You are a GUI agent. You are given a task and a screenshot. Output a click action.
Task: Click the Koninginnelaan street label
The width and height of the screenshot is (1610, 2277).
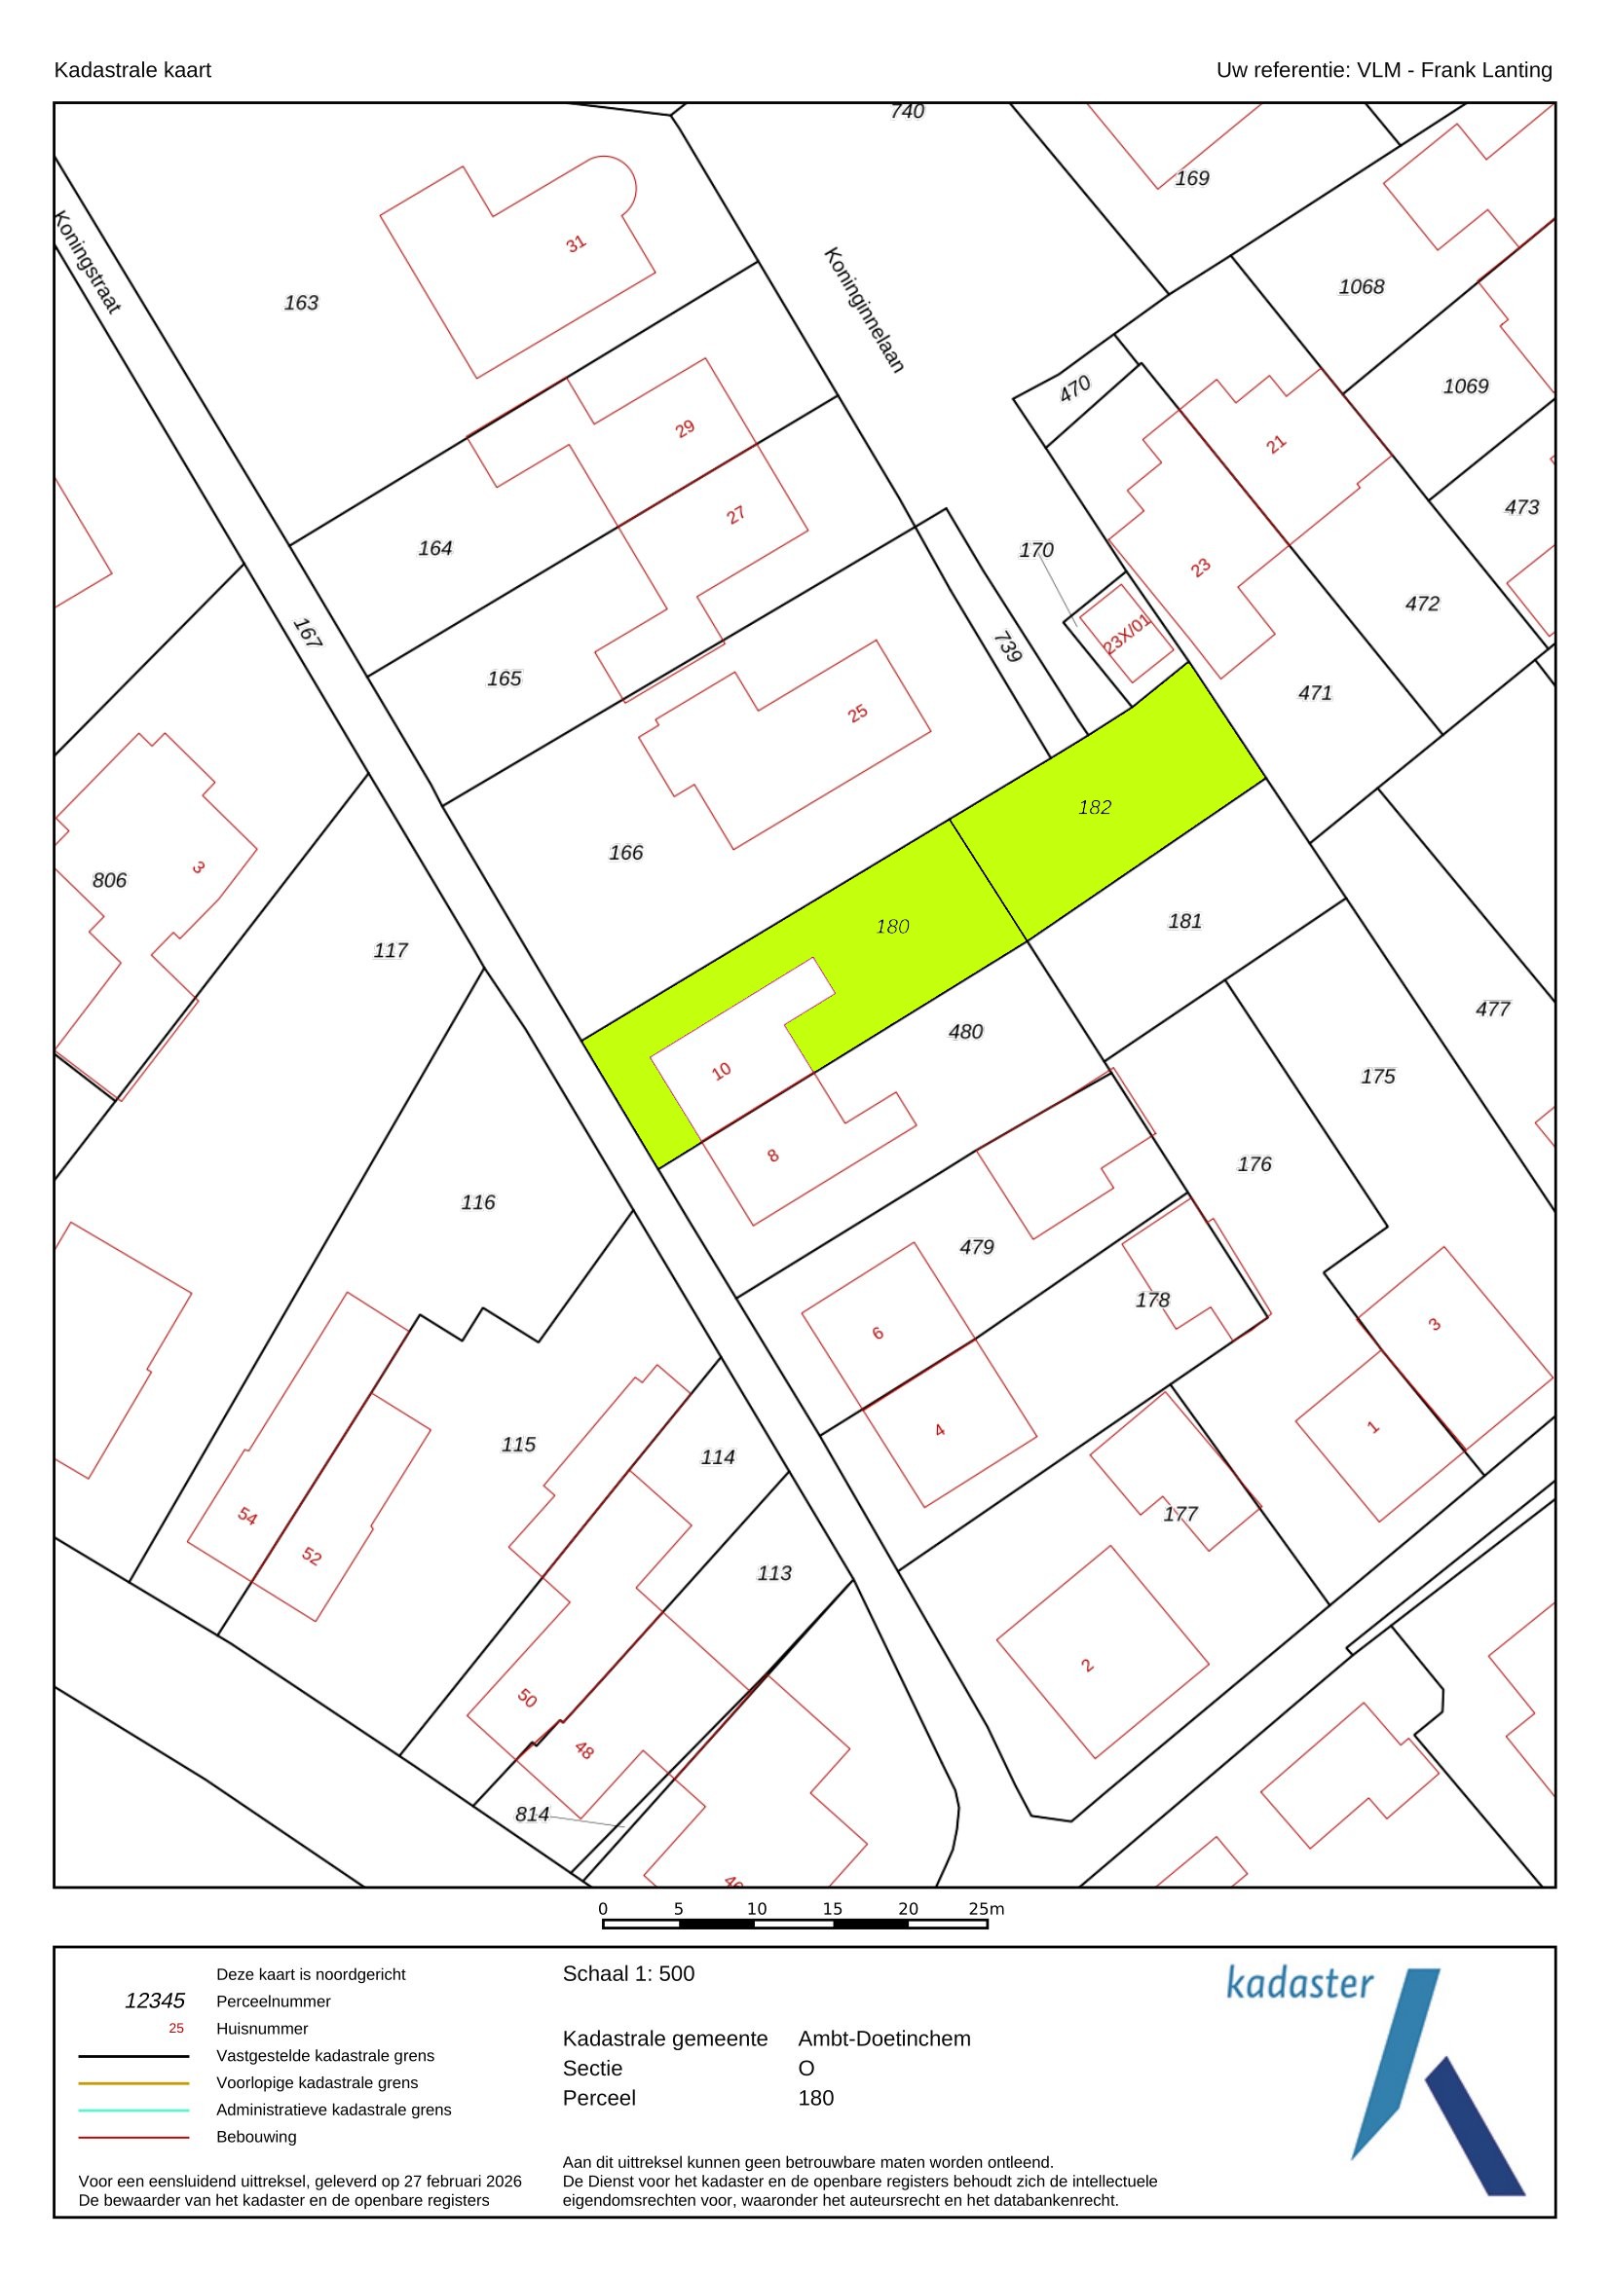[x=864, y=310]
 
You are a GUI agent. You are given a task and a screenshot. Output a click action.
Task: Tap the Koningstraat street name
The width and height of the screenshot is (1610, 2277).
[x=88, y=262]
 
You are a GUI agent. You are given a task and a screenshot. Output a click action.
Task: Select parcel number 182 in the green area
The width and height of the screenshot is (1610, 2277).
[x=1094, y=807]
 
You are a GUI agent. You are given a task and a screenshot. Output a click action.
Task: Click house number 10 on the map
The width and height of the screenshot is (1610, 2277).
[x=721, y=1070]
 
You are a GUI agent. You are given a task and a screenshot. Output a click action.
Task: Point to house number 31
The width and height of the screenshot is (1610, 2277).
[x=577, y=243]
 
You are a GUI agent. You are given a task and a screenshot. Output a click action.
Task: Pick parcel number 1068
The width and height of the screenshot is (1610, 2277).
[x=1361, y=286]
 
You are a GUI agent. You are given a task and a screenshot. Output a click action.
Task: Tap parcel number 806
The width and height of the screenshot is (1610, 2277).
[x=109, y=880]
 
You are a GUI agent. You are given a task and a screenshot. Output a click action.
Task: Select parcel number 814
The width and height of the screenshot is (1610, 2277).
[x=532, y=1814]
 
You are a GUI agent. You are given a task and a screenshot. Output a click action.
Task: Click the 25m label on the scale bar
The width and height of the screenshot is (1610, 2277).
[x=986, y=1908]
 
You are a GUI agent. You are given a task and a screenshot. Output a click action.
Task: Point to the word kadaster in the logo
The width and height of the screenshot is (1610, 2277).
[x=1299, y=1983]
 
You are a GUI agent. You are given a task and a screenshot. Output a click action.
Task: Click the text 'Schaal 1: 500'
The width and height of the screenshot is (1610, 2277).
[x=628, y=1973]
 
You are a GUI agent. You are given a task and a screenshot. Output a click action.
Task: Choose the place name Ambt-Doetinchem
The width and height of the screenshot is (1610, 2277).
[x=883, y=2038]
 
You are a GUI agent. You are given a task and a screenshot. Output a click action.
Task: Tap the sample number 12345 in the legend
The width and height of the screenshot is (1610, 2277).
[x=155, y=2001]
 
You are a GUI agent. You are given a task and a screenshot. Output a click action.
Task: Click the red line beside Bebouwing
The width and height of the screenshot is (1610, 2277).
[x=133, y=2137]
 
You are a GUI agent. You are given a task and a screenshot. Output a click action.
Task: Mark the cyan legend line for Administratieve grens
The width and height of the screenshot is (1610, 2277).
[x=133, y=2111]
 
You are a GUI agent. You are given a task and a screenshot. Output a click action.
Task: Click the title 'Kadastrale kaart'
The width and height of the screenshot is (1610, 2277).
[x=131, y=70]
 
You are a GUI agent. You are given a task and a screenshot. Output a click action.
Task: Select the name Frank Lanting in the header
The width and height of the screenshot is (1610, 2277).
[x=1486, y=70]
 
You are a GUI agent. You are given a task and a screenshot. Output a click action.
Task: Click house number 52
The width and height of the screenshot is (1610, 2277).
[x=312, y=1555]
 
